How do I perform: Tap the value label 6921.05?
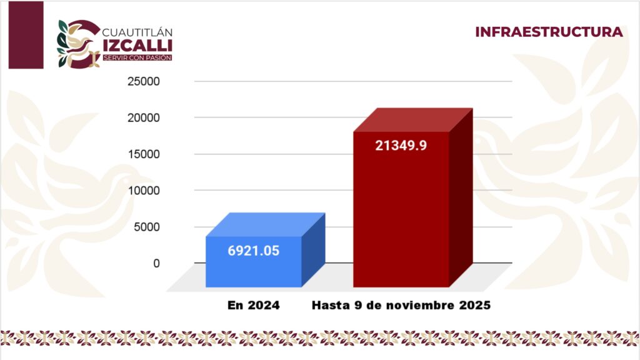coord(253,251)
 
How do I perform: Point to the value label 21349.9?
coord(401,146)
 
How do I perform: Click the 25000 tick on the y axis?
coord(144,81)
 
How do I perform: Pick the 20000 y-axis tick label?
coord(144,117)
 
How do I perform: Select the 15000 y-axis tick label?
coord(144,154)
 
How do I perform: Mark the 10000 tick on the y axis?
coord(144,190)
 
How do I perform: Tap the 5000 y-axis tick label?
coord(147,227)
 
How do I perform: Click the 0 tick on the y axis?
coord(156,263)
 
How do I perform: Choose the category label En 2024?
coord(253,306)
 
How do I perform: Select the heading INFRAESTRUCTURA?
coord(549,32)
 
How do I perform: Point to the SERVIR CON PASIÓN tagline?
coord(137,57)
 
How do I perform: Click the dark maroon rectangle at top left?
coord(26,34)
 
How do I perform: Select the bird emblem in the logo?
coord(78,44)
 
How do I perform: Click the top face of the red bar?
coord(413,120)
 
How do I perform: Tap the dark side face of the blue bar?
coord(313,250)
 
